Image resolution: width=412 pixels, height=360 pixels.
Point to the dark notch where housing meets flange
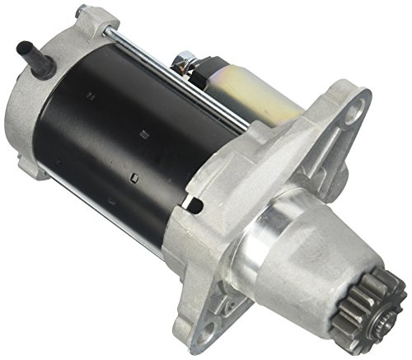(195, 203)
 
